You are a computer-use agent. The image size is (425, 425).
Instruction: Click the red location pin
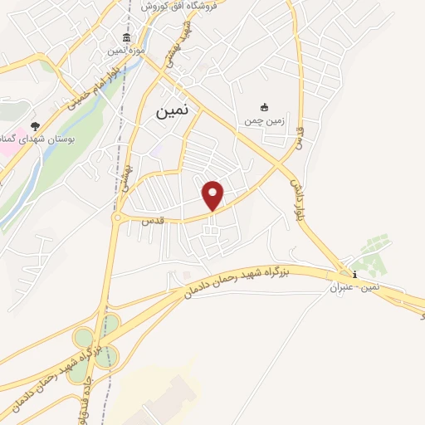coord(213,194)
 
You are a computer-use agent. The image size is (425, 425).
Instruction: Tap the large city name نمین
coord(172,110)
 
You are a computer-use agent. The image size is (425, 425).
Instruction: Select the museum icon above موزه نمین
coord(126,37)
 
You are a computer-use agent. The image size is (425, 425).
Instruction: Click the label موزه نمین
coord(125,51)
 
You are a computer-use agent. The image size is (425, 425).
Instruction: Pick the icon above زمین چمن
coord(264,107)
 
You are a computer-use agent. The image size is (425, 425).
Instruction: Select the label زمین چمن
coord(264,120)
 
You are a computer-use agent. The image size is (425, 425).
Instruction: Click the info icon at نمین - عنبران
coord(354,275)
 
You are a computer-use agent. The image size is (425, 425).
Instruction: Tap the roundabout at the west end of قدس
coord(117,217)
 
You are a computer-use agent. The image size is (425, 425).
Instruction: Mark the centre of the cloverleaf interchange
coord(95,349)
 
